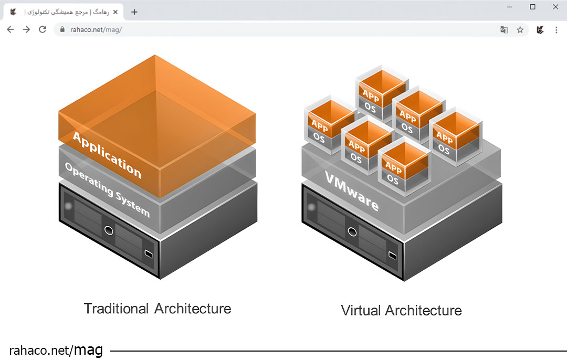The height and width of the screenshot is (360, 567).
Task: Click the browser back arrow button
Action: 10,30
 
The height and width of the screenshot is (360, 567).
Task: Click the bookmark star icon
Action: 520,30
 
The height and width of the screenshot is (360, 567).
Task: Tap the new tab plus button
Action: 134,12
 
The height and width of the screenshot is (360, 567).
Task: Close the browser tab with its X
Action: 115,12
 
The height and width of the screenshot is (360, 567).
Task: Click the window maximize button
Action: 532,7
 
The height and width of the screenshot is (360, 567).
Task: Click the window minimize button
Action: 510,7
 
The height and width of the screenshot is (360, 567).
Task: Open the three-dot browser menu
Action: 556,30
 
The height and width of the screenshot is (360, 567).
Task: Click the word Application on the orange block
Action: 107,155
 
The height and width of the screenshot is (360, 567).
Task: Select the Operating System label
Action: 107,189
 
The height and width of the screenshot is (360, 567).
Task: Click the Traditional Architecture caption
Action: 157,309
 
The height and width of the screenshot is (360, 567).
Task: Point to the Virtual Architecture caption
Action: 401,310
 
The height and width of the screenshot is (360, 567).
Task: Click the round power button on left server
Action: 109,229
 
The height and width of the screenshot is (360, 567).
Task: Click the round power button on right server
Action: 352,231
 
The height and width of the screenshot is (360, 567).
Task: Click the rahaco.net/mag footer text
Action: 56,350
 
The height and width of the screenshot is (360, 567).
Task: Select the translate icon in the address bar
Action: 504,30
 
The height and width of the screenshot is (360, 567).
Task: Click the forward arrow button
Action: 26,30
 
